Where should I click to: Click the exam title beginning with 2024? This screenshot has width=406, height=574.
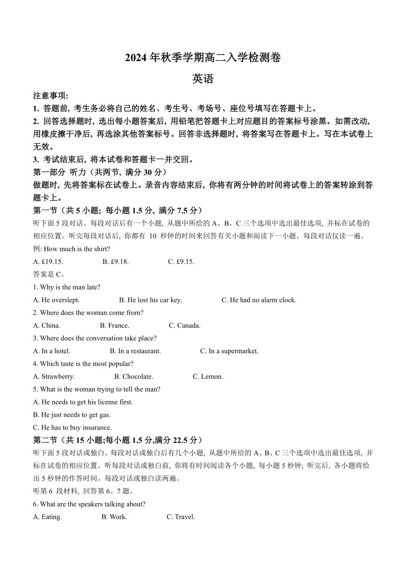click(203, 58)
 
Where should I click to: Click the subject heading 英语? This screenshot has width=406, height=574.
click(203, 79)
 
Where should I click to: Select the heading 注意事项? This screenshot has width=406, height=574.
click(50, 96)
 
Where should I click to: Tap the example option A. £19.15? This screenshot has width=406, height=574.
click(48, 262)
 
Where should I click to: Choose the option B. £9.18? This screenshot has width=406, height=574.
click(115, 262)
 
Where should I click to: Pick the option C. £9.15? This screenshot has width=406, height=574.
click(181, 262)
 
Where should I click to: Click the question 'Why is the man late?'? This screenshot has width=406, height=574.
click(67, 287)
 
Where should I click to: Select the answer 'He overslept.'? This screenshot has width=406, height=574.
click(56, 300)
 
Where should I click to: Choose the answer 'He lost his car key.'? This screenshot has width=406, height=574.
click(150, 300)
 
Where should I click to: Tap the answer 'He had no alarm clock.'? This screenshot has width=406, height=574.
click(259, 300)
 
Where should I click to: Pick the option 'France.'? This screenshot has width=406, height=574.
click(115, 326)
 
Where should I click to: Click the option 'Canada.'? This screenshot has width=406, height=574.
click(185, 326)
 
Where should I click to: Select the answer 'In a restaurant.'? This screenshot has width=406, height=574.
click(135, 351)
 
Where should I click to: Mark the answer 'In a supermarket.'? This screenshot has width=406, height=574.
click(229, 351)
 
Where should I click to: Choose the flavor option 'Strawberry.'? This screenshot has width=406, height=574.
click(54, 377)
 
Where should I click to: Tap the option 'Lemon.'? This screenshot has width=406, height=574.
click(208, 377)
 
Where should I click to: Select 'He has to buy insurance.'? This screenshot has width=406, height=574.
click(72, 428)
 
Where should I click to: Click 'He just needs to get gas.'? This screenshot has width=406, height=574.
click(72, 415)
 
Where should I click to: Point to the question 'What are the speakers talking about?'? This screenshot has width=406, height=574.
click(89, 504)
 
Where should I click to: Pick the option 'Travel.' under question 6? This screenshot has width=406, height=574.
click(181, 517)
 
